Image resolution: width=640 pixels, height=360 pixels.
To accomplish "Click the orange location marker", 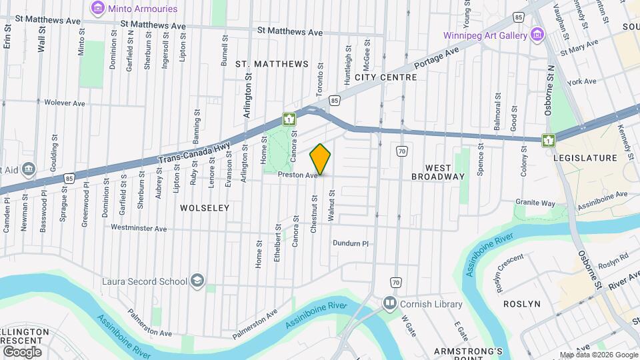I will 321,159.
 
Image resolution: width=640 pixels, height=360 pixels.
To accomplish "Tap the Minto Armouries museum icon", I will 98,9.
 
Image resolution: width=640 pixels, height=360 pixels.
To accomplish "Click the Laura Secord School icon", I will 197,281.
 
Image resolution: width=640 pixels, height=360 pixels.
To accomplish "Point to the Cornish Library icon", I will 389,304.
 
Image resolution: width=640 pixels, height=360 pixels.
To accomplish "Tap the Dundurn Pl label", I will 351,243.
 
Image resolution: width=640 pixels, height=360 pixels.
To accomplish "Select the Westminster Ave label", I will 139,228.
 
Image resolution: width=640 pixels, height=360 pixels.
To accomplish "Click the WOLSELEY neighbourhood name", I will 205,208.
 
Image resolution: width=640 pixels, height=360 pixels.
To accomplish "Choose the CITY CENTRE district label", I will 385,77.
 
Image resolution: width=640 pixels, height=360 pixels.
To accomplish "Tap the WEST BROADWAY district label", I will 437,171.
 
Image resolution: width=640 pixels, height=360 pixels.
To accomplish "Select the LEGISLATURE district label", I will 585,158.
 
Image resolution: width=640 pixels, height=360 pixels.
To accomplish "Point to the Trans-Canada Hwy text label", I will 188,156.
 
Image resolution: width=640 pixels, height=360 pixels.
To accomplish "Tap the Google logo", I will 22,351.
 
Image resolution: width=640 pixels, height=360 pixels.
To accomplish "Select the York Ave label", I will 582,81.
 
